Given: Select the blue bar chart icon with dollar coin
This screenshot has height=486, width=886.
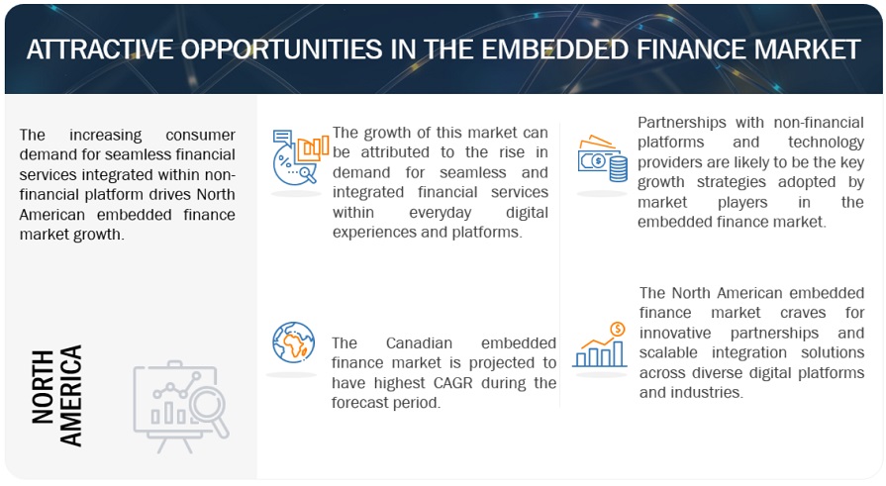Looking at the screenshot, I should coord(602,344).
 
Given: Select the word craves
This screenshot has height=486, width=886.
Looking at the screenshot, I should coord(792,312).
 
